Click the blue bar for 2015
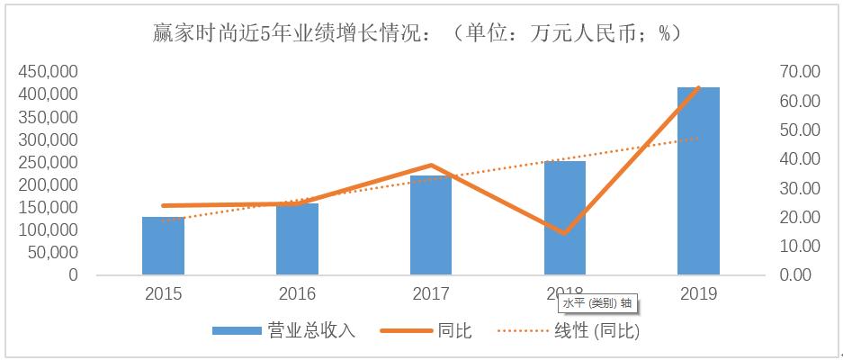(163, 246)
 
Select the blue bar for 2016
(297, 239)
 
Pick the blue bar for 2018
(565, 218)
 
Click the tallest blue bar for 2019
(698, 181)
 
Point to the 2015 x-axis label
(163, 294)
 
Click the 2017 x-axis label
(431, 294)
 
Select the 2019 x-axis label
(698, 294)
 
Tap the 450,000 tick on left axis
(49, 71)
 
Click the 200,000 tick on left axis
(49, 184)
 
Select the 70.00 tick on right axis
(797, 71)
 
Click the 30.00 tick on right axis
(797, 188)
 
